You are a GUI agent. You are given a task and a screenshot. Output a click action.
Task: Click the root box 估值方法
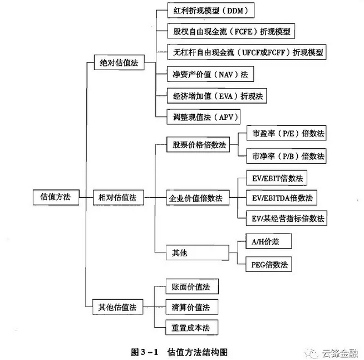(x=55, y=197)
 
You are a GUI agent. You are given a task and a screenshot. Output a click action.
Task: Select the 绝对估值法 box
(x=119, y=63)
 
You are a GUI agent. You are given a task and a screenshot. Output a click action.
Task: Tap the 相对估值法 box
(x=119, y=197)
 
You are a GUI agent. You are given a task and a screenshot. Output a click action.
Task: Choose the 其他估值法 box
(x=119, y=307)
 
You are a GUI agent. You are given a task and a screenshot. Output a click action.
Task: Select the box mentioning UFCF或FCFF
(x=245, y=53)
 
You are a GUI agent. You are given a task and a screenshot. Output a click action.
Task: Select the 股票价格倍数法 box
(x=199, y=145)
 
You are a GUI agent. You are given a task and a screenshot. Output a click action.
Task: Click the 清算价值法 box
(x=191, y=307)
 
